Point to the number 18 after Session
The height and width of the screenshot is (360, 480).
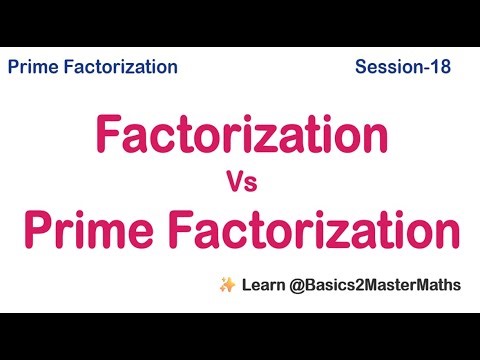coord(440,67)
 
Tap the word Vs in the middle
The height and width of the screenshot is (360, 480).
coord(241,183)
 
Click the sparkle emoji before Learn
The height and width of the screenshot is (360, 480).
coord(225,285)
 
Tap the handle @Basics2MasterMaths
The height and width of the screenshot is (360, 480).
coord(376,285)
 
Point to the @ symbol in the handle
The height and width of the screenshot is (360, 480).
coord(299,285)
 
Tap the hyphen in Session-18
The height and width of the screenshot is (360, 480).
coord(425,68)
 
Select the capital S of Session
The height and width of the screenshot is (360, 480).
coord(360,67)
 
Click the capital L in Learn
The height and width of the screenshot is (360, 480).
coord(246,285)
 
